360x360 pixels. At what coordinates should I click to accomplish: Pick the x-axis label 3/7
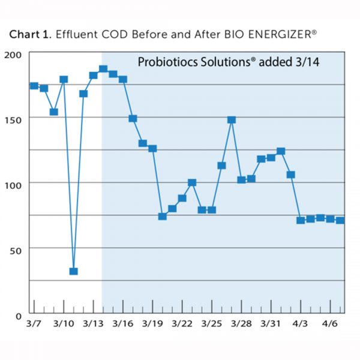coord(34,324)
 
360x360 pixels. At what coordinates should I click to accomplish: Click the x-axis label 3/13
coord(93,324)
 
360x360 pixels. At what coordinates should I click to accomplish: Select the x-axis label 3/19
coord(152,324)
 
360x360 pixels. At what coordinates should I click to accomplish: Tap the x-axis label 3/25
coord(211,324)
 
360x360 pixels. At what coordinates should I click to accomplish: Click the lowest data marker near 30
coord(73,271)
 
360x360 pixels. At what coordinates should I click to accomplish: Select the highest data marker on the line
coord(103,69)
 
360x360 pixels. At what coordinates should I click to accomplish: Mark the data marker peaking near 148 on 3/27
coord(231,120)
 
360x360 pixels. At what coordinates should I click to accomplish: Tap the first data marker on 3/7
coord(34,86)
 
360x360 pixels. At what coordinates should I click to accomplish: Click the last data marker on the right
coord(340,220)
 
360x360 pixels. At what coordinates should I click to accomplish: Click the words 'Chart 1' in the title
coord(30,35)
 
